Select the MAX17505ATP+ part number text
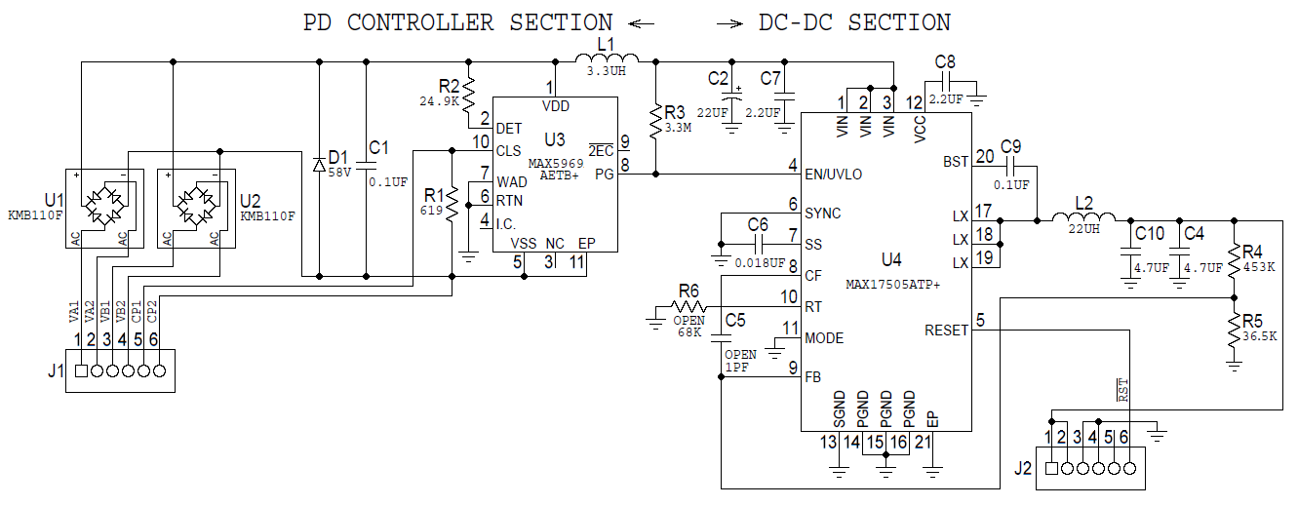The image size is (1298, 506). tap(892, 284)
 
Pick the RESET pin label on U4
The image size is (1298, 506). tap(946, 331)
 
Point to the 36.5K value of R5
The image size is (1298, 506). tap(1260, 336)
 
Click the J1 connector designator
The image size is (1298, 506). tap(55, 370)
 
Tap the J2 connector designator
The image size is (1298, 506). tap(1022, 468)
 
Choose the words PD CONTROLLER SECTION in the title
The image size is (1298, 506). tap(457, 21)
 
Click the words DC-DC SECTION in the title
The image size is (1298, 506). tap(854, 21)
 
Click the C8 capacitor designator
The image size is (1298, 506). tap(945, 62)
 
